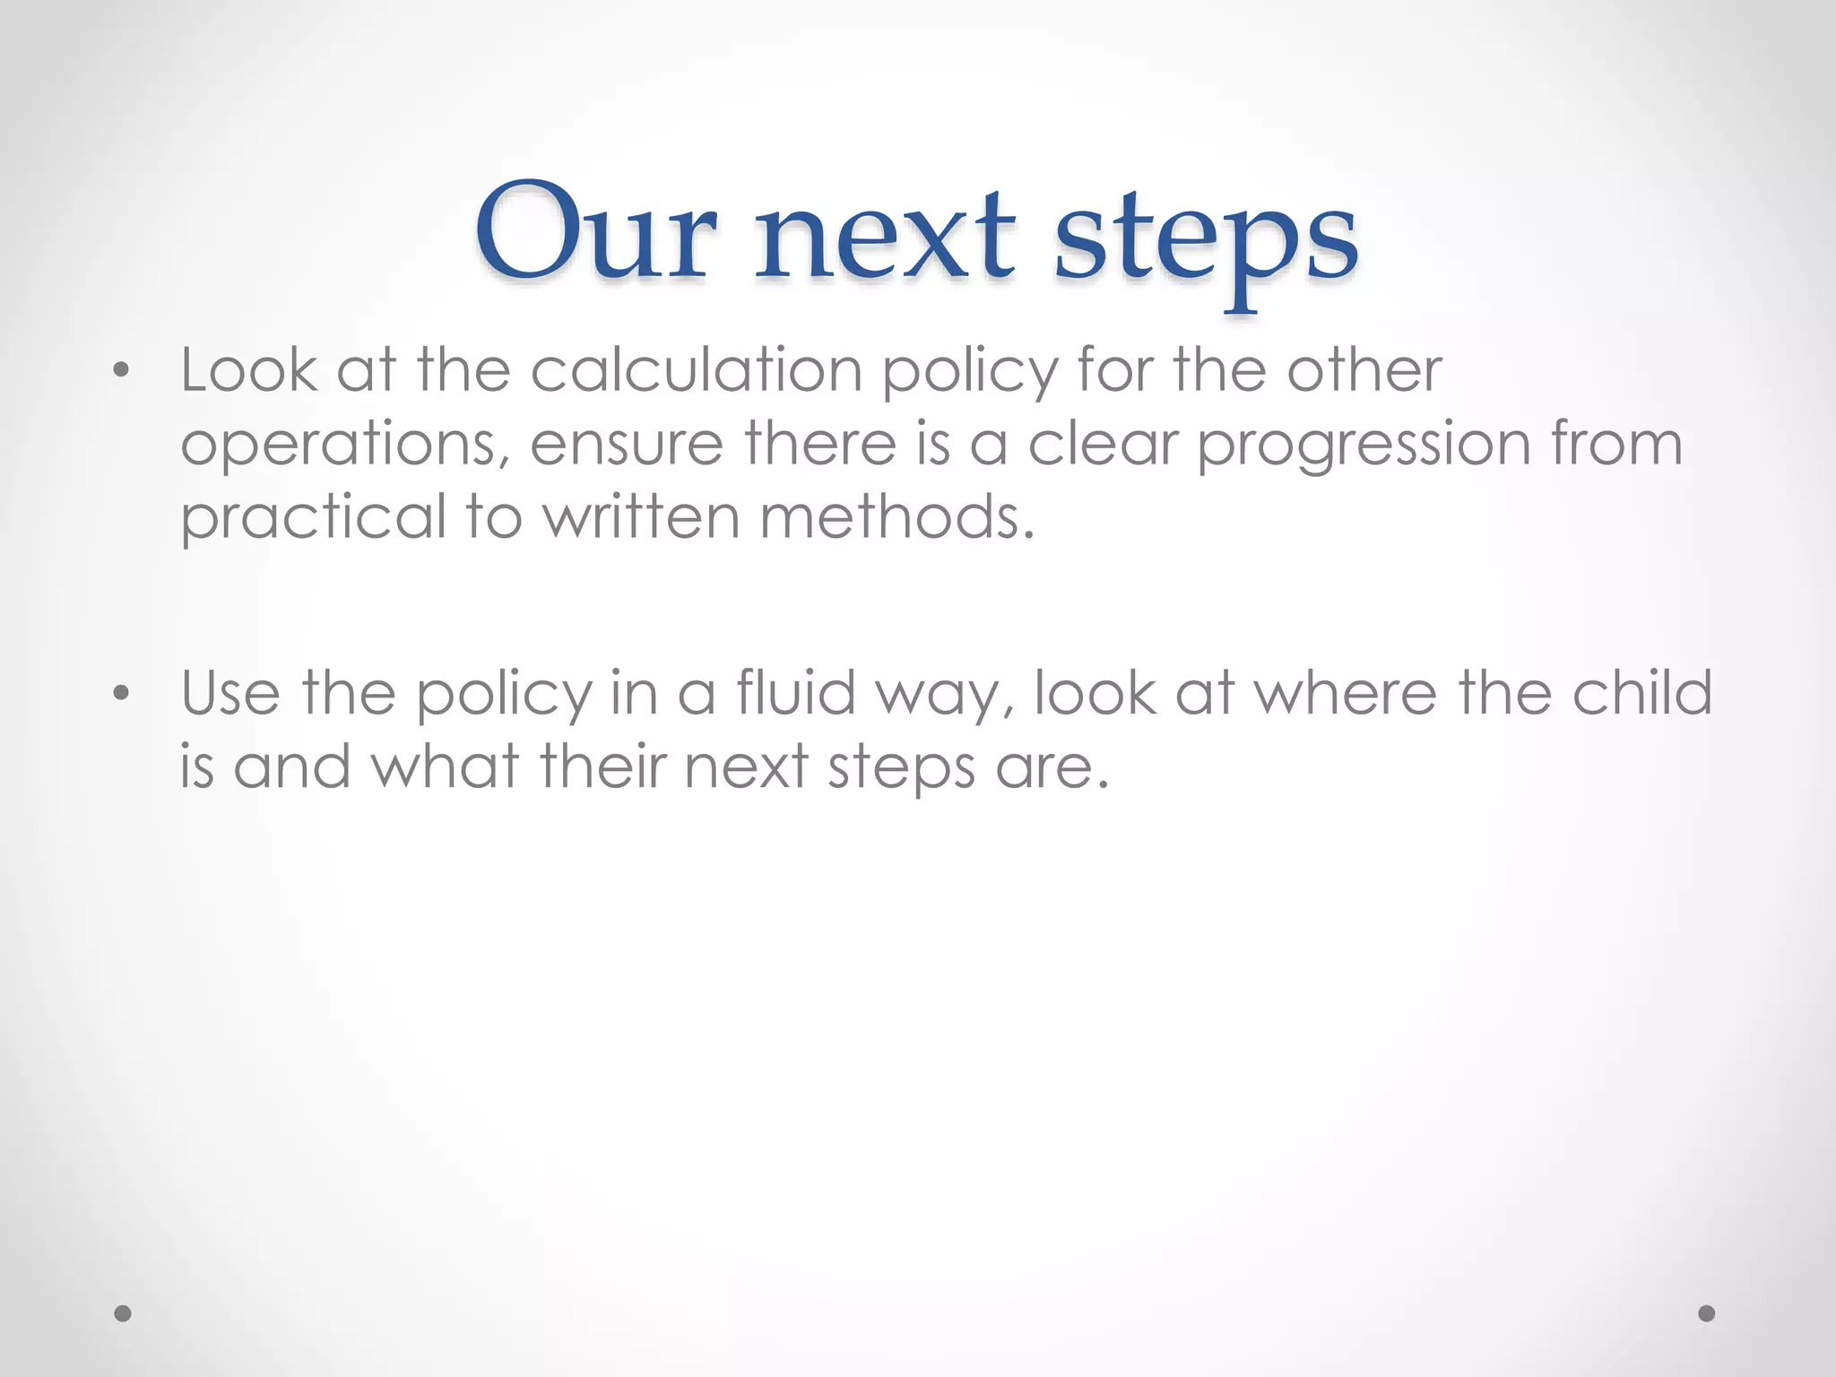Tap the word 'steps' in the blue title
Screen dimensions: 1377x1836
click(1206, 242)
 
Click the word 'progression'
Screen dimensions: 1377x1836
click(1364, 445)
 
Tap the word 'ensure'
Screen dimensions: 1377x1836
click(627, 445)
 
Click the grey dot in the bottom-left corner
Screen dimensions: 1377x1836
click(123, 1313)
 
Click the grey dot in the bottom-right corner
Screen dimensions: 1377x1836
click(1707, 1313)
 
